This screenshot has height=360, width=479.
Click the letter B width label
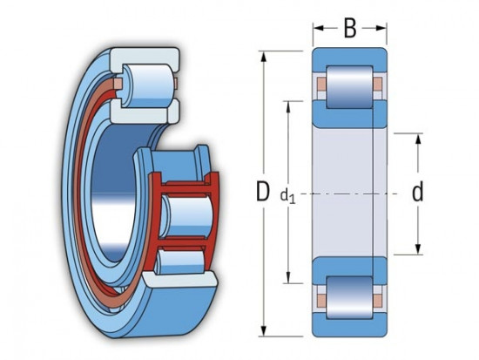click(349, 29)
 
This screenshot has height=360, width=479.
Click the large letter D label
click(262, 193)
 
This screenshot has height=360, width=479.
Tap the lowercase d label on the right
click(417, 193)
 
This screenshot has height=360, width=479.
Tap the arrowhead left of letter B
click(319, 29)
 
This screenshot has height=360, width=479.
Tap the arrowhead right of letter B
click(381, 29)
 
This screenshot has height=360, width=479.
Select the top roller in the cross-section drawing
click(349, 85)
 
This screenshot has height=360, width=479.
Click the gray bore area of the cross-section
click(349, 192)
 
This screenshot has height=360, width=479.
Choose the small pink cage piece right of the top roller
click(377, 85)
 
